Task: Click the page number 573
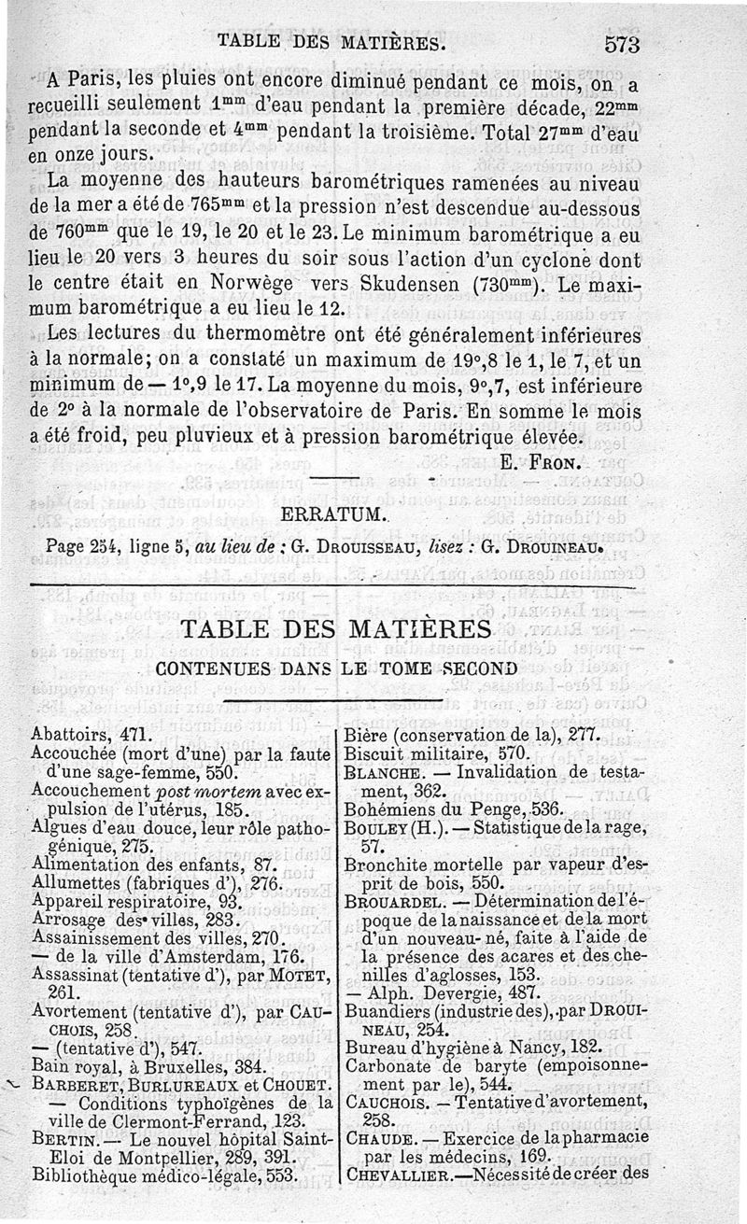pyautogui.click(x=621, y=42)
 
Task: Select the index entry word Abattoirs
pyautogui.click(x=66, y=735)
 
